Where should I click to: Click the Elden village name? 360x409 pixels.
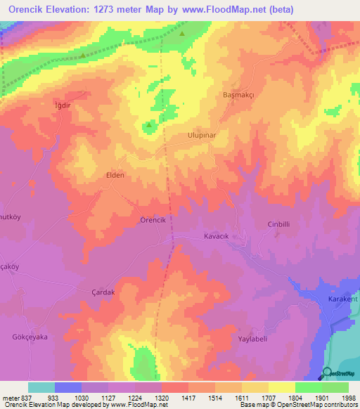tap(115, 175)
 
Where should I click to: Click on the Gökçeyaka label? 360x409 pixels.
tap(28, 337)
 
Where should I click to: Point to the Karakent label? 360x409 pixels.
tap(343, 299)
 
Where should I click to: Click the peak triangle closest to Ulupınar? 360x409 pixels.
tap(149, 126)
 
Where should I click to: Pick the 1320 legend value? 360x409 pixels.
tap(161, 397)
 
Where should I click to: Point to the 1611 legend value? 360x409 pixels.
tap(241, 397)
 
